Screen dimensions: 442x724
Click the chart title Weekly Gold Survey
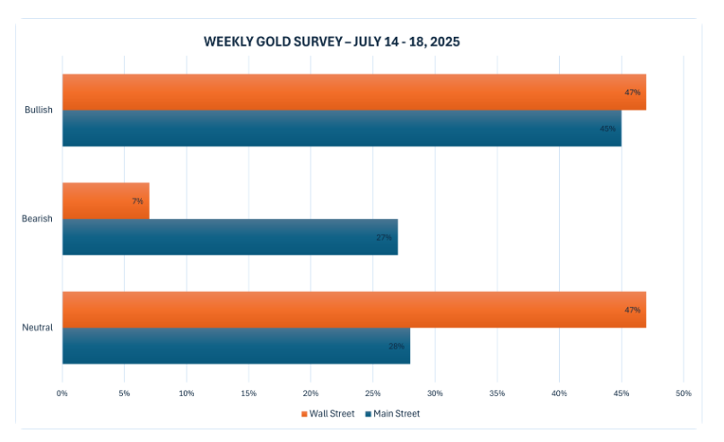pos(332,42)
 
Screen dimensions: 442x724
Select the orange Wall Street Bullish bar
pos(353,92)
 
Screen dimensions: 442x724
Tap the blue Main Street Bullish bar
pos(341,128)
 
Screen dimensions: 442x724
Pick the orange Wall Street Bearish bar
pos(105,200)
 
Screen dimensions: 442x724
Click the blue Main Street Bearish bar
pos(230,236)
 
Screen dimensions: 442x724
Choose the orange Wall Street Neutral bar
pos(353,309)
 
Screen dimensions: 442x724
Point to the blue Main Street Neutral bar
pos(236,345)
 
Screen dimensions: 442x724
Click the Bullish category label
pos(39,110)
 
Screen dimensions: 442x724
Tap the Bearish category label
pos(39,218)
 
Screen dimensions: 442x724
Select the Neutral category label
pos(38,327)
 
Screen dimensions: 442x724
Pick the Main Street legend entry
pos(392,413)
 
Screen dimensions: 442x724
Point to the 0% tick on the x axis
pos(62,393)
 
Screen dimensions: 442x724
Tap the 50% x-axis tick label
pos(684,393)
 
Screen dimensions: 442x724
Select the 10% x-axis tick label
pos(187,393)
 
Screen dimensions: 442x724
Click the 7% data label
pos(137,201)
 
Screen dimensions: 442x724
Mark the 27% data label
pos(383,238)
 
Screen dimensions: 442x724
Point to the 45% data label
pos(607,128)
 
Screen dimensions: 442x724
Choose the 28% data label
pos(396,346)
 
